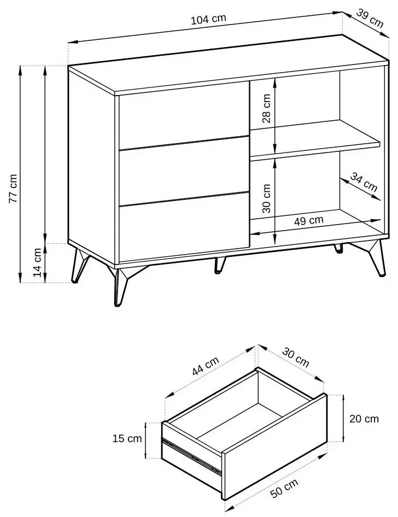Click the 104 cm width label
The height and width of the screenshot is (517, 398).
pos(208,19)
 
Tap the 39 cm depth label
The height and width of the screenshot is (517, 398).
pos(370,18)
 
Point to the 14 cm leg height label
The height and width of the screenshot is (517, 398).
pos(38,262)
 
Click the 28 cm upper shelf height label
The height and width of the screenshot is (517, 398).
pos(266,108)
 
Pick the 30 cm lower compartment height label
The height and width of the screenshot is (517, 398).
pos(266,198)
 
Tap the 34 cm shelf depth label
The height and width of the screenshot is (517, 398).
pos(364,181)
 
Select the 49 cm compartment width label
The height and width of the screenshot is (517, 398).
pos(309,220)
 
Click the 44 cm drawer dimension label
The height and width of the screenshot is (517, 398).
pos(206,366)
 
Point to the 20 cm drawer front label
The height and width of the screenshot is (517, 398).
pos(364,419)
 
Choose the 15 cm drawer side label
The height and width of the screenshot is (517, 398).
pos(127,438)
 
